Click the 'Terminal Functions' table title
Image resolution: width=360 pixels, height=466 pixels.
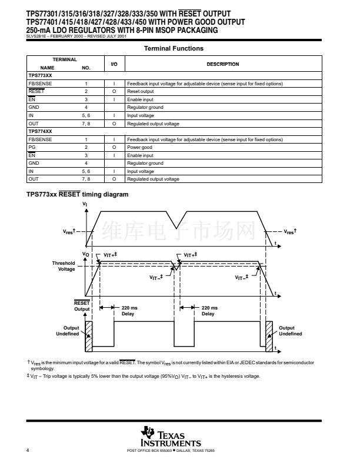click(174, 49)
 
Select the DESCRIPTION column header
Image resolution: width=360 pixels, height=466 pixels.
click(223, 64)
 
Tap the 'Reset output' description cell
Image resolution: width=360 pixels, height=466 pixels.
click(141, 92)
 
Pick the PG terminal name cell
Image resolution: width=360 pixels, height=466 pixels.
click(32, 147)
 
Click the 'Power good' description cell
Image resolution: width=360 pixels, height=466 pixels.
click(140, 147)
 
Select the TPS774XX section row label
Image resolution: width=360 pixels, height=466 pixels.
click(40, 131)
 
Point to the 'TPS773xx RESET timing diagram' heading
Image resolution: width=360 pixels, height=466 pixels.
click(77, 194)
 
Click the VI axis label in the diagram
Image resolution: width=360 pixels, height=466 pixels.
click(86, 204)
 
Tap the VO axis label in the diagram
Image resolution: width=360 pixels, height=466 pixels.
click(85, 254)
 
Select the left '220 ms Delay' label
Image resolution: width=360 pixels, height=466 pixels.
click(128, 311)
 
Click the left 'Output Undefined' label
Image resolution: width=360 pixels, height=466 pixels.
click(67, 331)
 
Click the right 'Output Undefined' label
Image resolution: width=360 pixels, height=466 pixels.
click(290, 331)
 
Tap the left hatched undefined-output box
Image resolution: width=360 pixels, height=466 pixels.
click(89, 334)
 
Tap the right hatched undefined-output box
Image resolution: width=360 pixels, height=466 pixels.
click(269, 334)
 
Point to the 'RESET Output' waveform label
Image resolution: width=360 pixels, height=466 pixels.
click(82, 306)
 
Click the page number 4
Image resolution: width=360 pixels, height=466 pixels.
click(28, 450)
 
